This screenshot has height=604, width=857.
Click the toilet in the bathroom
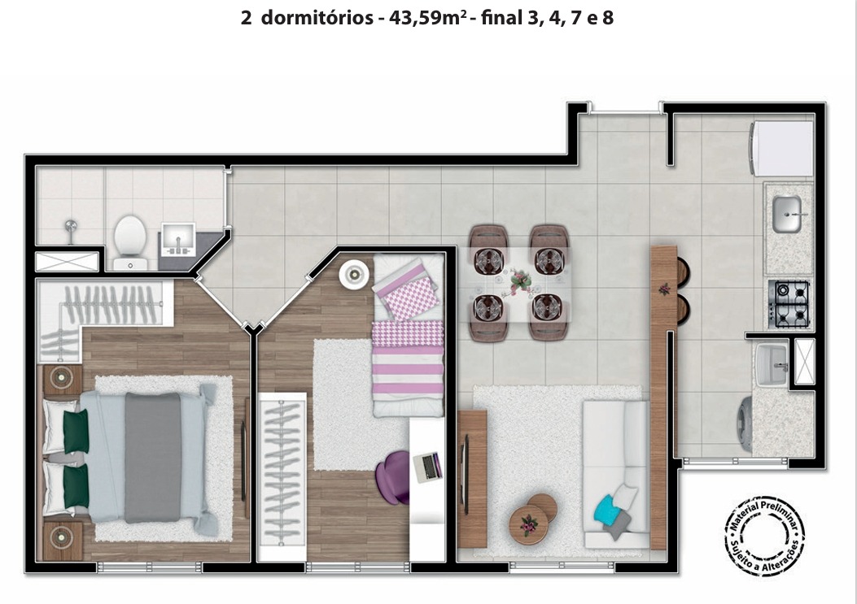(x=130, y=242)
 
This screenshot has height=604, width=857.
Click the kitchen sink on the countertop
(x=787, y=214)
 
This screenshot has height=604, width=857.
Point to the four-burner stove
(x=788, y=304)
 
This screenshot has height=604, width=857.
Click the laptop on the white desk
(x=427, y=467)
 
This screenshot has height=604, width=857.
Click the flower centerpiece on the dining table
(x=519, y=282)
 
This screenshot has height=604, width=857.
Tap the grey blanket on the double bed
(x=153, y=458)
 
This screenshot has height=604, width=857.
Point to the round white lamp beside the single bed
(x=353, y=274)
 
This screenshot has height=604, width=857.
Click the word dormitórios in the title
(x=317, y=18)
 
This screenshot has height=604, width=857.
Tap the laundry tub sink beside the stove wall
(x=772, y=364)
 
